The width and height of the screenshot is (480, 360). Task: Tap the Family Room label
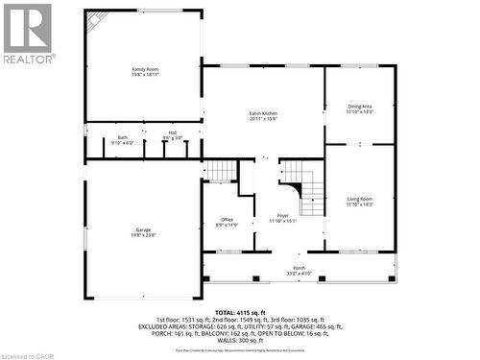click(x=144, y=69)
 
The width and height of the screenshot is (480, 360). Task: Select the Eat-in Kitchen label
click(x=262, y=113)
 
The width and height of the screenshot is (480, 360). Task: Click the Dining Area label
click(x=360, y=108)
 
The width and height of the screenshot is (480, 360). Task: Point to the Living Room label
click(x=360, y=199)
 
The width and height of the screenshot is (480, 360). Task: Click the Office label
click(x=227, y=220)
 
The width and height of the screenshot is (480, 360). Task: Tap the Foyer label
click(x=282, y=215)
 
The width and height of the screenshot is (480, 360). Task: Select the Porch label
click(x=299, y=268)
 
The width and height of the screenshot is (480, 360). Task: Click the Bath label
click(x=123, y=137)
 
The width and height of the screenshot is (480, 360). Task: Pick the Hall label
click(x=172, y=133)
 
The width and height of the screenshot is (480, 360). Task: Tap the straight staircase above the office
click(x=222, y=171)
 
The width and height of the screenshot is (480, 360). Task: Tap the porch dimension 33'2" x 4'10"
click(x=299, y=274)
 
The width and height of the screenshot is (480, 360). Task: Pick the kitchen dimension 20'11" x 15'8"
click(x=262, y=119)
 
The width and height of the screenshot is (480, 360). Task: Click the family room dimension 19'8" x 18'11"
click(x=144, y=75)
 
